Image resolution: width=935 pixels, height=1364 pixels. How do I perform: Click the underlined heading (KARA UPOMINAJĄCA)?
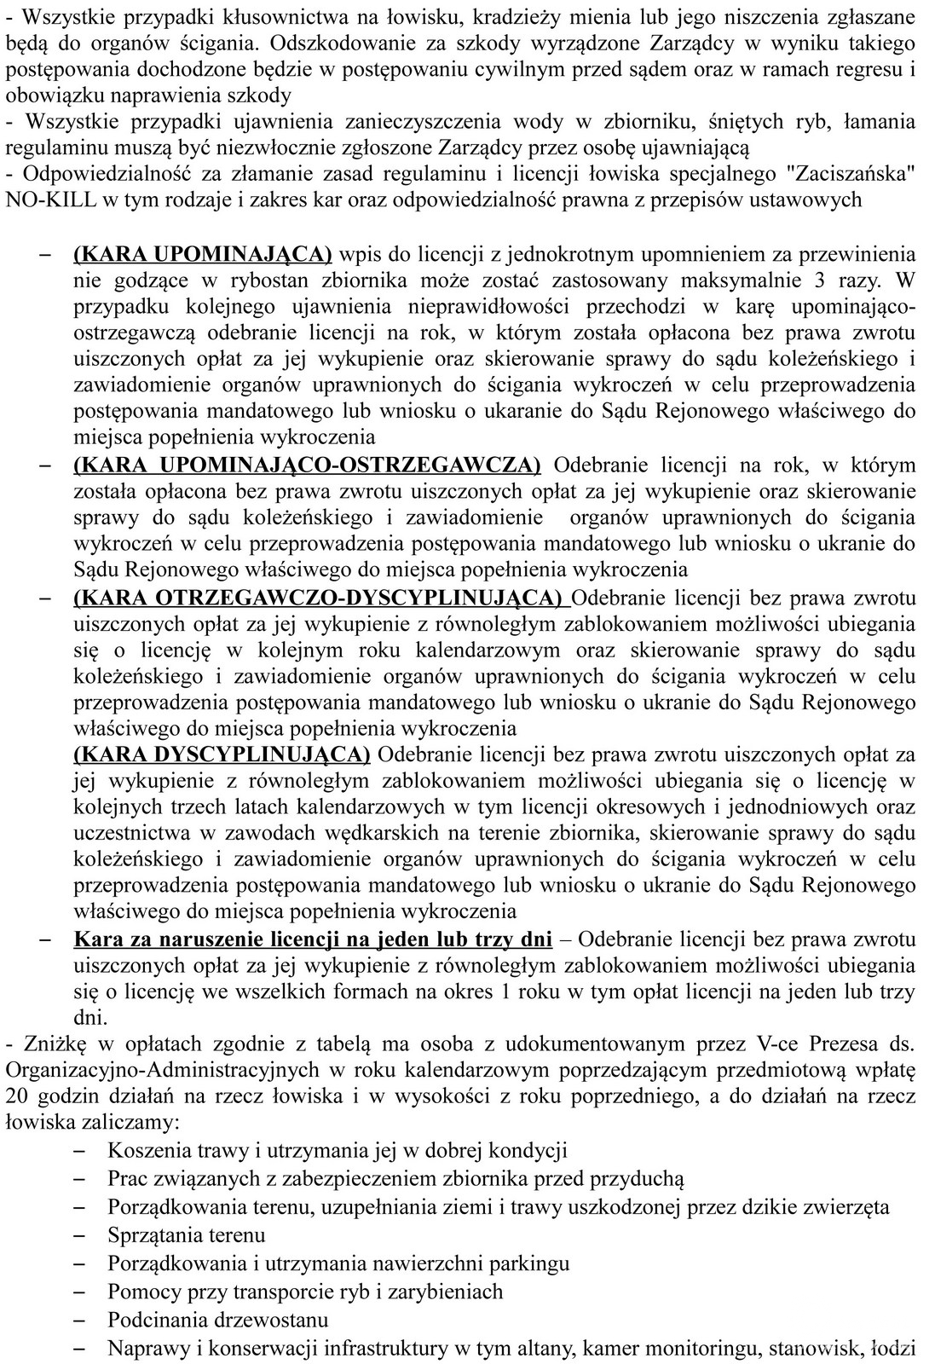tap(203, 253)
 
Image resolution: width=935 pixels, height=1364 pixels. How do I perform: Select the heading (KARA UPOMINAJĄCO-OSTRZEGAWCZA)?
tap(307, 465)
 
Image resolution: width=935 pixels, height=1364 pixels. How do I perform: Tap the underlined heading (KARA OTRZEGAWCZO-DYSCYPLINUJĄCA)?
tap(321, 597)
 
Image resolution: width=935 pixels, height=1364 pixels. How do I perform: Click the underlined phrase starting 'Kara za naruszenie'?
tap(313, 939)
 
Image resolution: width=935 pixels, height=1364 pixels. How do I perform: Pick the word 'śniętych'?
tap(735, 121)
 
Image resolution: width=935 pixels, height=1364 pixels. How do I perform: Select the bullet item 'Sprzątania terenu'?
tap(187, 1234)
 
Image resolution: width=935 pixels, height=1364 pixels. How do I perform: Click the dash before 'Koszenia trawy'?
tap(81, 1151)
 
